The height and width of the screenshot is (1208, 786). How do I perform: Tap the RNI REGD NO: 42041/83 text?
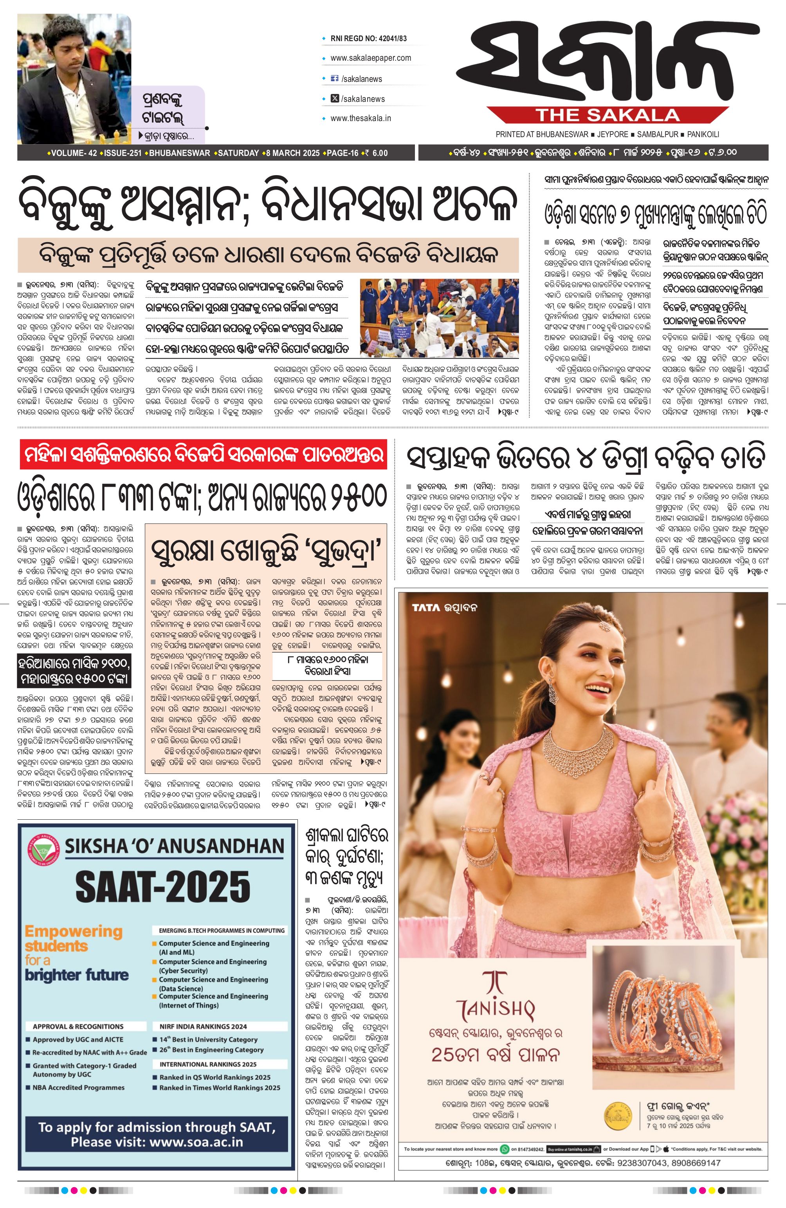[368, 38]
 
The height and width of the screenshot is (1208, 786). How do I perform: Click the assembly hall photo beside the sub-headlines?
[439, 318]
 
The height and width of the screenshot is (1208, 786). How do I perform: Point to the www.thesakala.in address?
[361, 118]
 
